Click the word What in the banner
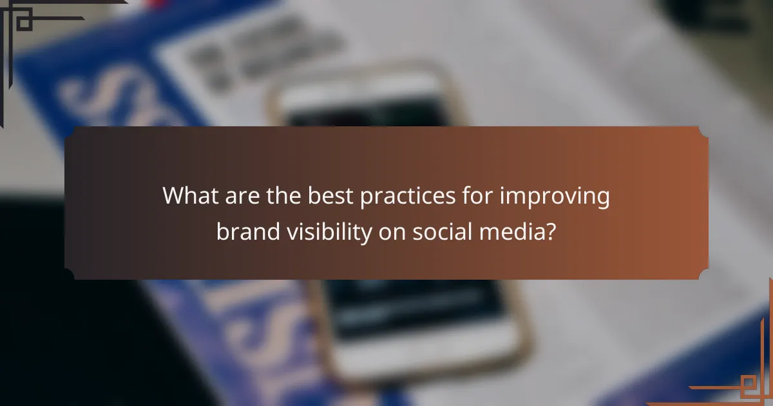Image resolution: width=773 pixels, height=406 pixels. pyautogui.click(x=189, y=195)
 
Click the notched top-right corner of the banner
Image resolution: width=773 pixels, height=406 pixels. pyautogui.click(x=702, y=132)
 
